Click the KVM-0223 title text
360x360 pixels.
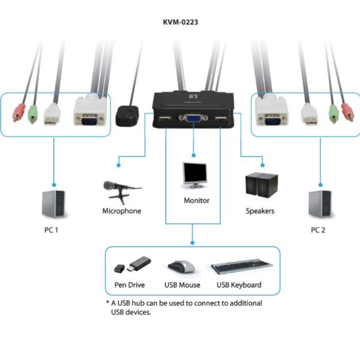coord(181,22)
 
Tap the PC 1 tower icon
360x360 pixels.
coord(53,204)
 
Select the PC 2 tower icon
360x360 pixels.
coord(319,204)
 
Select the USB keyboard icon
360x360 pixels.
coord(239,268)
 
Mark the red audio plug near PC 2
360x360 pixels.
coord(347,112)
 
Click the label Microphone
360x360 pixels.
coord(122,211)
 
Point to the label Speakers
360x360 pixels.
coord(260,211)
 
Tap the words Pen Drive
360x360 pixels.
coord(130,285)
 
